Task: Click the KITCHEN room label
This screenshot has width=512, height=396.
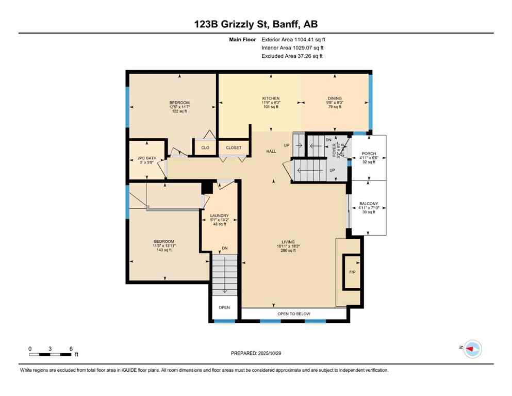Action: [x=271, y=98]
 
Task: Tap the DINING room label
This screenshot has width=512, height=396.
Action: [x=334, y=98]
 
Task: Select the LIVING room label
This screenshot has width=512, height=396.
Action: [x=288, y=242]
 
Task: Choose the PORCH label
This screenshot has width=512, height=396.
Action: [x=369, y=153]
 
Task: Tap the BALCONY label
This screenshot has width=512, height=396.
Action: [x=369, y=204]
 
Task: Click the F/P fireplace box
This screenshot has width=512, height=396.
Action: [x=353, y=272]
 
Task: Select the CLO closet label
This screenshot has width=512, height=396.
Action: [x=205, y=148]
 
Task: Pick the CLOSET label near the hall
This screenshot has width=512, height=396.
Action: [x=234, y=148]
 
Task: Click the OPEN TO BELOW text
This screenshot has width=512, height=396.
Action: [x=294, y=313]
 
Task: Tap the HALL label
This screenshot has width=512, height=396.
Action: [x=271, y=152]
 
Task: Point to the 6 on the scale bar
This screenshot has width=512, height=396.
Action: [x=70, y=349]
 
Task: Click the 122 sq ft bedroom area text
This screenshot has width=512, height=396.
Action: [x=179, y=111]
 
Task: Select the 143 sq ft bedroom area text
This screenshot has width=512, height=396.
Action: [x=164, y=250]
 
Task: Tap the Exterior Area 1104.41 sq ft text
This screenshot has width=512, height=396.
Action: [x=293, y=39]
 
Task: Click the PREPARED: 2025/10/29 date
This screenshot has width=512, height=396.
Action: [x=257, y=353]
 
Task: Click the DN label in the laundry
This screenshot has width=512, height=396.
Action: [x=224, y=249]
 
